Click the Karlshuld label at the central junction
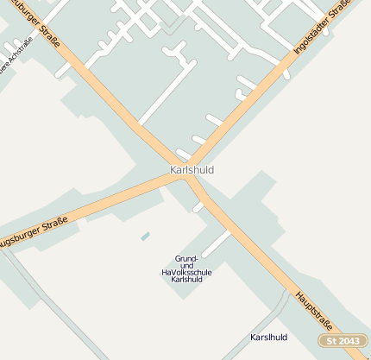pos(192,170)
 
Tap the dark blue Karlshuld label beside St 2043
pos(268,337)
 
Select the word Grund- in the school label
pos(187,258)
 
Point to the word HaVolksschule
pos(186,273)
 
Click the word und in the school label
pos(187,265)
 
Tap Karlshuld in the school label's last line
pos(187,280)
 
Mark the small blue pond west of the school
pos(145,236)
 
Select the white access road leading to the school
pos(216,243)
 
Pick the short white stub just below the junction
pos(198,207)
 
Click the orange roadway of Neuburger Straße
pos(104,86)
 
